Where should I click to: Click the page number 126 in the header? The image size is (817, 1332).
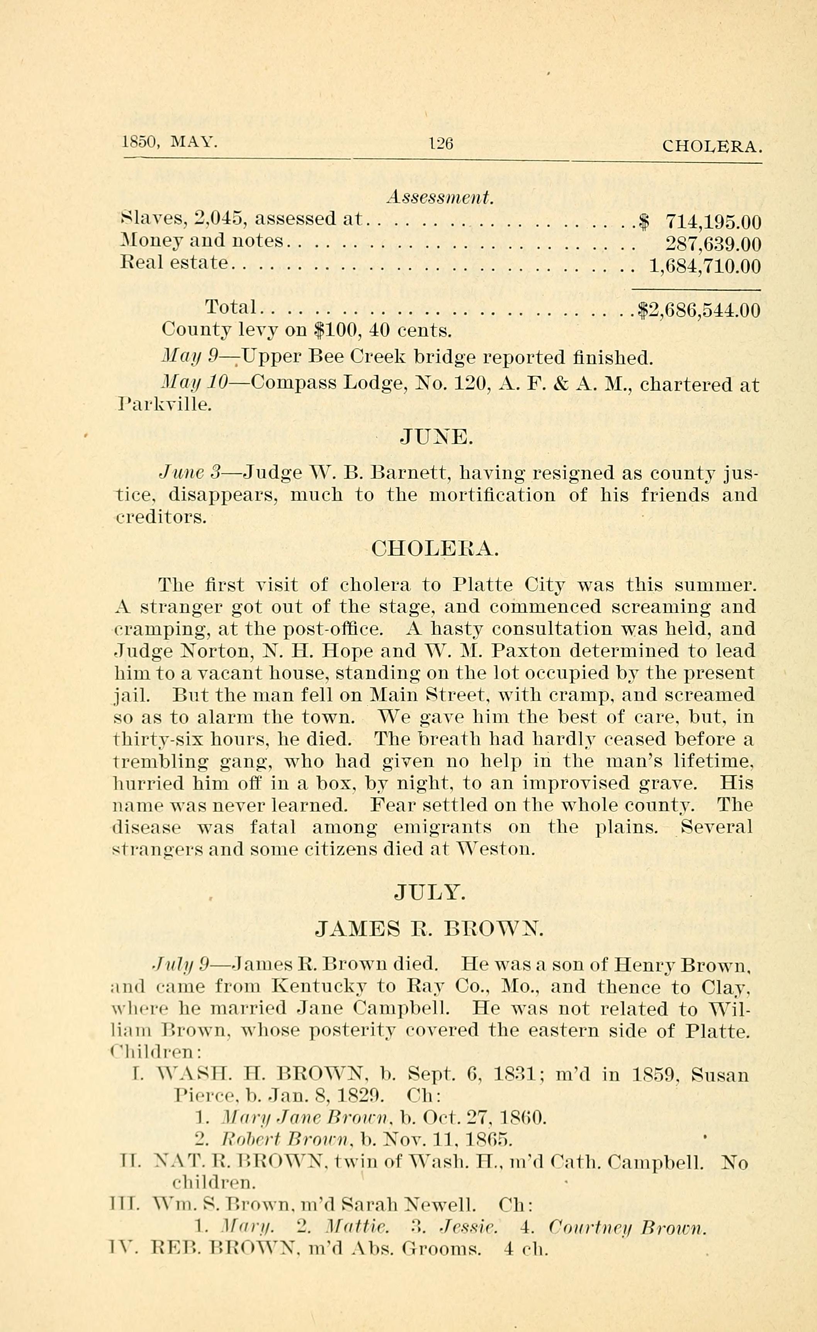click(x=440, y=143)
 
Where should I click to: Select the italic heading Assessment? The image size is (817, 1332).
click(x=440, y=198)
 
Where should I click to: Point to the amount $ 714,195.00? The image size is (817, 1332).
click(x=700, y=221)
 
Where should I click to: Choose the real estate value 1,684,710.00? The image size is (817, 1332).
click(x=705, y=267)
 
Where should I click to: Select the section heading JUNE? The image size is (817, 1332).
click(x=436, y=436)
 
